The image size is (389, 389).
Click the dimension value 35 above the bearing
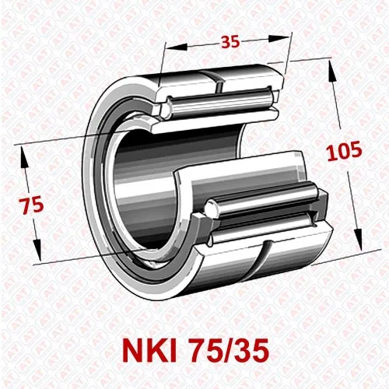pyautogui.click(x=229, y=42)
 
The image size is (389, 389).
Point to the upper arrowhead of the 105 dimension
pyautogui.click(x=334, y=68)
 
